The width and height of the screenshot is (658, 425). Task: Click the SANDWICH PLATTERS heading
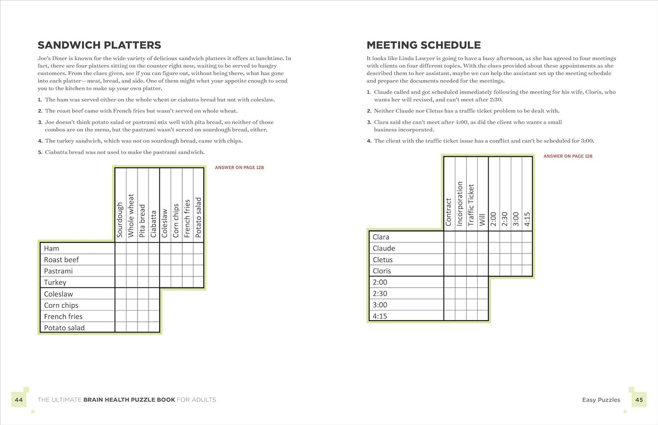pos(99,45)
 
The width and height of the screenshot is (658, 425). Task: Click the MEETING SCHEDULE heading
pos(423,45)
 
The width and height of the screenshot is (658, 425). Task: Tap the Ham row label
pos(51,248)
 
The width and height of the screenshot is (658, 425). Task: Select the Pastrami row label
pos(58,271)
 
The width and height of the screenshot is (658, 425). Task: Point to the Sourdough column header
pos(120,220)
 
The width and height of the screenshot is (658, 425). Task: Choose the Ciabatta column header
pos(154,223)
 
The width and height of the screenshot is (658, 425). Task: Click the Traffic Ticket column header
pos(471,205)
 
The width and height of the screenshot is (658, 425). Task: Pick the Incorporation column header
pos(460,204)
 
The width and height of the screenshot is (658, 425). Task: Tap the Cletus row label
pos(383,260)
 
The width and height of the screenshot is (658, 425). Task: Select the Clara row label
pos(381,237)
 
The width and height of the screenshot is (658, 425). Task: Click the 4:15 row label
pos(380,316)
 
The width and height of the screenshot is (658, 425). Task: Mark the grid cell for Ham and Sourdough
pos(120,248)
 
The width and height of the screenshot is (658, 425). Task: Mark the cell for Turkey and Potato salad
pos(199,282)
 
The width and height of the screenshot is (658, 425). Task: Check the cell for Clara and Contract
pos(449,237)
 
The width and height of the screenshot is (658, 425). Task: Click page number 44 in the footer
pos(19,400)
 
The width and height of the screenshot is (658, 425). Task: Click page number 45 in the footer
pos(639,400)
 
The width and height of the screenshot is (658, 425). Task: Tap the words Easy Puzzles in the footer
pos(601,400)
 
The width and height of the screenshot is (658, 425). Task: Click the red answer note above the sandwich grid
pos(239,167)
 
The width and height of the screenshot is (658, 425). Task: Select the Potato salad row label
pos(64,328)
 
